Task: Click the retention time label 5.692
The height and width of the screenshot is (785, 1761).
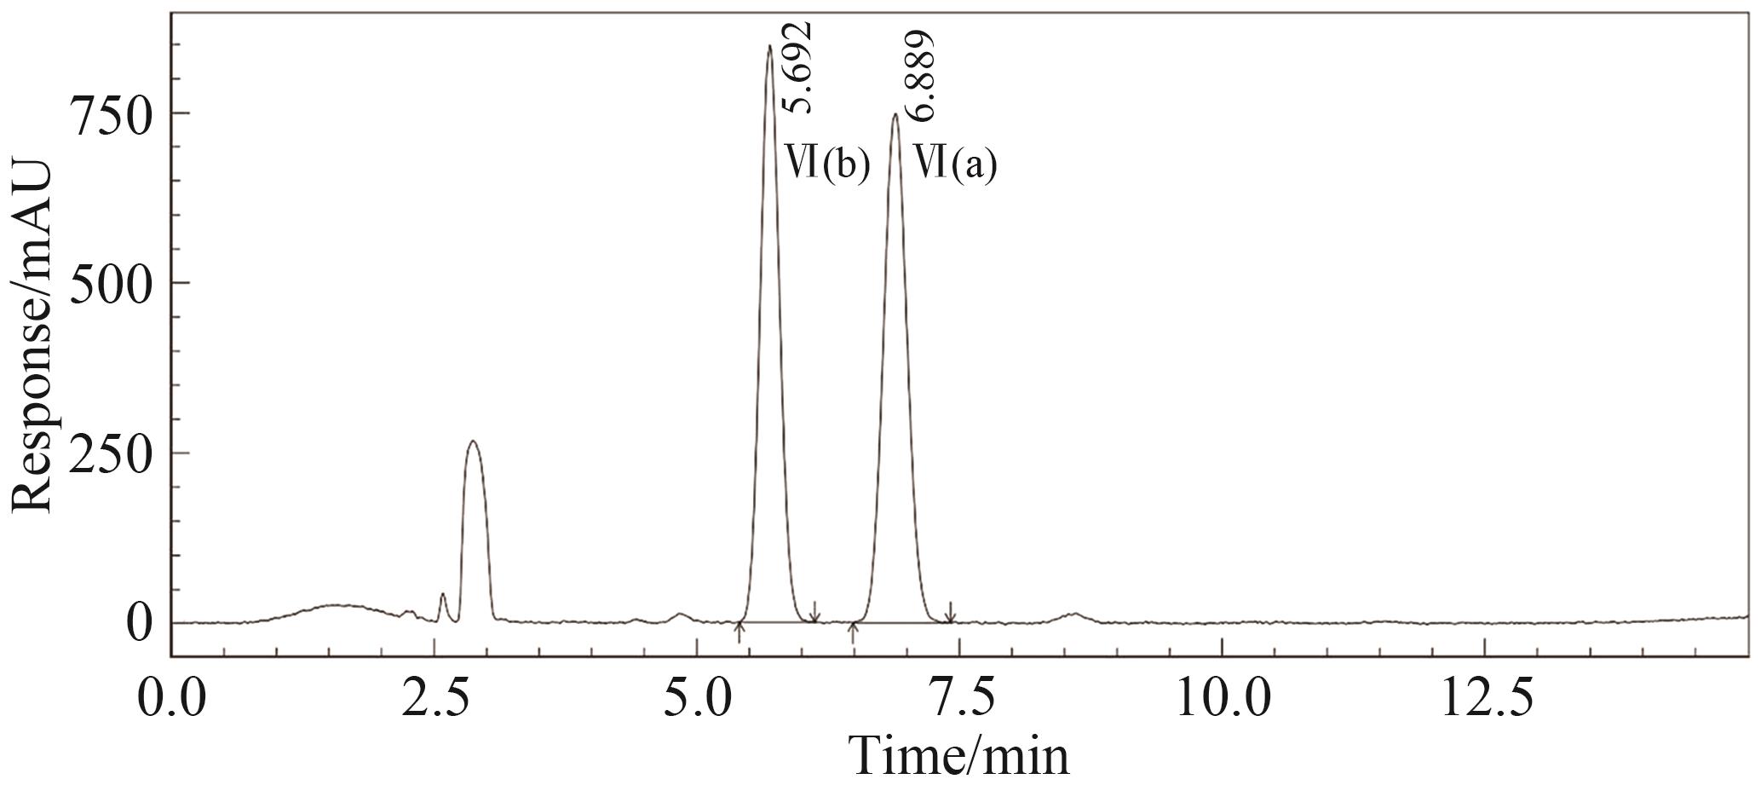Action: [x=798, y=68]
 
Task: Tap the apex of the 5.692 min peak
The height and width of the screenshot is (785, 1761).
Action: [x=768, y=47]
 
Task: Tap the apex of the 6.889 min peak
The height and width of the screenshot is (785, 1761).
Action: [x=895, y=115]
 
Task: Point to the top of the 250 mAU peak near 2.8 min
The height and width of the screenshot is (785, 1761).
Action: [x=474, y=442]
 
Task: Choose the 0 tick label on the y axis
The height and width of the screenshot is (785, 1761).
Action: [x=140, y=623]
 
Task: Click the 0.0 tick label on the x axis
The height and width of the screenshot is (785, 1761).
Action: [x=173, y=698]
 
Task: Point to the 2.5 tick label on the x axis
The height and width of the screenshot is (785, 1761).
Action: [x=435, y=698]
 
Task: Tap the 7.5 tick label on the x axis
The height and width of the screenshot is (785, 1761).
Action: [x=960, y=698]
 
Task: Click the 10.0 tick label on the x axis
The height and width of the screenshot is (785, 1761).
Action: [x=1222, y=698]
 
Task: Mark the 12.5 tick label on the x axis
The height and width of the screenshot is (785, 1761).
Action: [x=1485, y=698]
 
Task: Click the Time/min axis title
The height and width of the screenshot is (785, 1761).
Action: [x=958, y=755]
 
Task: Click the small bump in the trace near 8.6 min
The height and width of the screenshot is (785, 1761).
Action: [x=1074, y=614]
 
